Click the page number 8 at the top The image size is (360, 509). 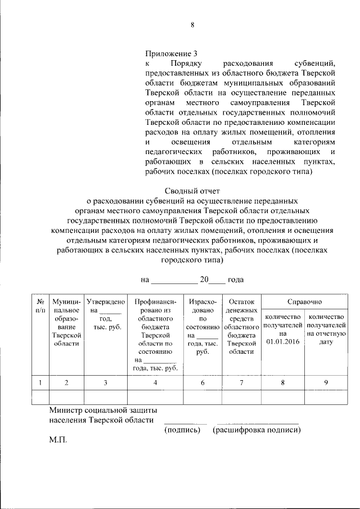(x=192, y=25)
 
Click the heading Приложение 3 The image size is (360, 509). (x=171, y=55)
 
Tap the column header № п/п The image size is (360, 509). (x=40, y=306)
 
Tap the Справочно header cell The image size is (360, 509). (x=304, y=302)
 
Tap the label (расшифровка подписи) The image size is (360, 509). (x=256, y=430)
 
